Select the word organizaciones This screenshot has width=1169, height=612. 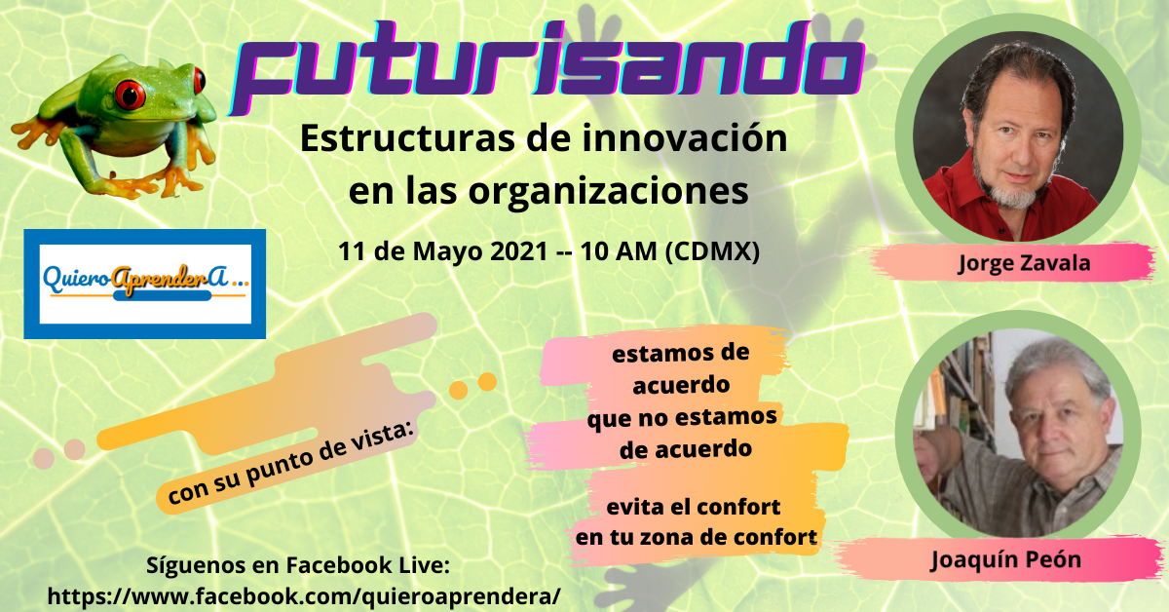[609, 193]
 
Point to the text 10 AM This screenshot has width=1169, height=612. [619, 251]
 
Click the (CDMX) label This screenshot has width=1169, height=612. [712, 252]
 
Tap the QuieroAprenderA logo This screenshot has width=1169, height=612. [144, 284]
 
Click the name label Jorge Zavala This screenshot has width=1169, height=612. [1024, 264]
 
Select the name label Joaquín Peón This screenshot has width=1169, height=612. [1005, 559]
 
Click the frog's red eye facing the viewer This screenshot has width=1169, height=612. [130, 94]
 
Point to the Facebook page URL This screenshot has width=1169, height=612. [304, 596]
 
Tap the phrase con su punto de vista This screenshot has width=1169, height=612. [290, 464]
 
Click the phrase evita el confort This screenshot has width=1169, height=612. [694, 507]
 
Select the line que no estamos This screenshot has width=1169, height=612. [682, 418]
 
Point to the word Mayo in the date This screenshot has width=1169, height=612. [448, 252]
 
